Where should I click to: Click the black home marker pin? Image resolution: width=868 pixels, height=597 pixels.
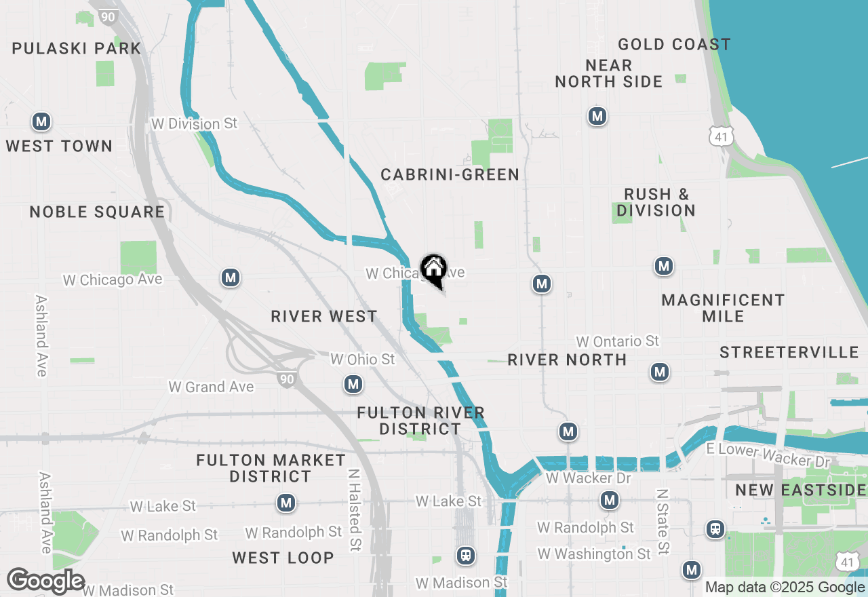pyautogui.click(x=433, y=270)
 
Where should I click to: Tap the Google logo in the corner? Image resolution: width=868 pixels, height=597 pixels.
pyautogui.click(x=45, y=581)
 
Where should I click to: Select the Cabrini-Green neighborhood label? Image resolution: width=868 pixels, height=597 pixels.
pyautogui.click(x=450, y=174)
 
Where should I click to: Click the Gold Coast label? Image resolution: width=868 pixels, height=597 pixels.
pyautogui.click(x=674, y=45)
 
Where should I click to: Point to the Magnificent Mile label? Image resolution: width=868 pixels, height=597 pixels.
pyautogui.click(x=723, y=308)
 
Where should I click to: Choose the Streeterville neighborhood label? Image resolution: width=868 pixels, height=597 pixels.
pyautogui.click(x=789, y=352)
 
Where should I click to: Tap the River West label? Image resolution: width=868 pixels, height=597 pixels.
pyautogui.click(x=323, y=316)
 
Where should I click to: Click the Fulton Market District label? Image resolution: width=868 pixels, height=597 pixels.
pyautogui.click(x=271, y=468)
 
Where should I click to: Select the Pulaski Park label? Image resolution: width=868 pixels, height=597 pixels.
pyautogui.click(x=77, y=48)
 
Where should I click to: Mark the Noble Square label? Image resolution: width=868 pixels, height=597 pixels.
pyautogui.click(x=97, y=212)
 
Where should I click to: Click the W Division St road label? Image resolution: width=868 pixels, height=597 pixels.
pyautogui.click(x=195, y=123)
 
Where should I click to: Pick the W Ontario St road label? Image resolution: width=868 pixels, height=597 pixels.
pyautogui.click(x=617, y=341)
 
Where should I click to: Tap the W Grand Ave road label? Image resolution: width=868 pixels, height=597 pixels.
pyautogui.click(x=211, y=387)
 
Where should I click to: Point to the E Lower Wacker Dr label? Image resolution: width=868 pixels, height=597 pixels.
pyautogui.click(x=768, y=455)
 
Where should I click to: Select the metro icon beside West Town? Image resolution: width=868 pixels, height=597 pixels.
pyautogui.click(x=41, y=122)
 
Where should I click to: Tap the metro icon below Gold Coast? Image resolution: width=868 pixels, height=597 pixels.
pyautogui.click(x=597, y=116)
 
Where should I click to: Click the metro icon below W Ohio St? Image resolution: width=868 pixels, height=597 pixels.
pyautogui.click(x=353, y=385)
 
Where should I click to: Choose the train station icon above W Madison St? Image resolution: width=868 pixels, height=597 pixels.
pyautogui.click(x=465, y=556)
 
